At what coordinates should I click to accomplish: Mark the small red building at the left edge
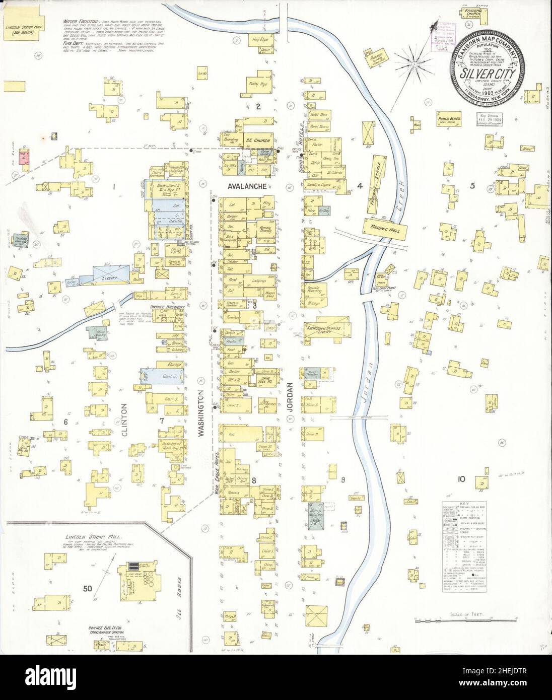pyautogui.click(x=23, y=158)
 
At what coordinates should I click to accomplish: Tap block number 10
pyautogui.click(x=460, y=479)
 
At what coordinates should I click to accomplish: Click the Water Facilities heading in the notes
pyautogui.click(x=80, y=22)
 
